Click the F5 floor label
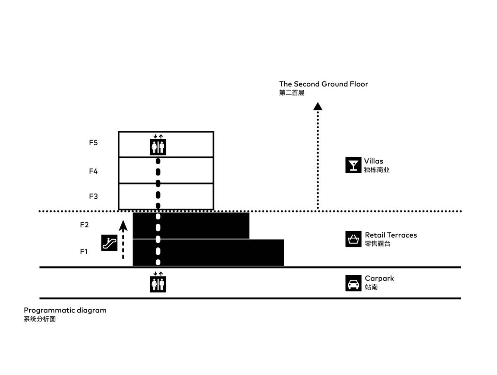93,143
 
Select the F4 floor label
93,171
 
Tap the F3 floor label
93,196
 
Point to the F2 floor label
84,225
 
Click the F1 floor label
84,251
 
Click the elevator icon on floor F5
158,145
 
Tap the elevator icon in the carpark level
158,282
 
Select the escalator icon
109,243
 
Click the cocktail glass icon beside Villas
353,165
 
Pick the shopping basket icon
353,239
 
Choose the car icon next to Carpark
353,283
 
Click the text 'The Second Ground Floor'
324,84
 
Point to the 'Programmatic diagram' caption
65,310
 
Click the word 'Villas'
373,161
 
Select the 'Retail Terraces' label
391,235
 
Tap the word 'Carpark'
379,279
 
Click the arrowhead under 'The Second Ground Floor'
318,106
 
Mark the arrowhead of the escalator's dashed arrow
123,226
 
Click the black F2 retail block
191,226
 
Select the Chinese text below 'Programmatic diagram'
40,319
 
